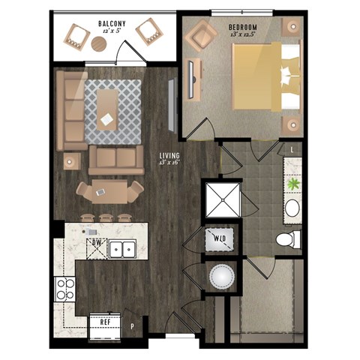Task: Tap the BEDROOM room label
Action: tap(247, 29)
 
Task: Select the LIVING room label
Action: tap(169, 157)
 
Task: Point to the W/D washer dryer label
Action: tap(221, 239)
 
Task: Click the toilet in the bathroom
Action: tap(287, 239)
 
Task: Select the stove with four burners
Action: tap(64, 288)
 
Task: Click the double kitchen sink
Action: tap(121, 248)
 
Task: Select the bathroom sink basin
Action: tap(292, 208)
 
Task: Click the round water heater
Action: tap(221, 278)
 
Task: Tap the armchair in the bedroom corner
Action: tap(201, 34)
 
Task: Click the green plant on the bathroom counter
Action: tap(291, 183)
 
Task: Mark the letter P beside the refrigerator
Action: tap(132, 326)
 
